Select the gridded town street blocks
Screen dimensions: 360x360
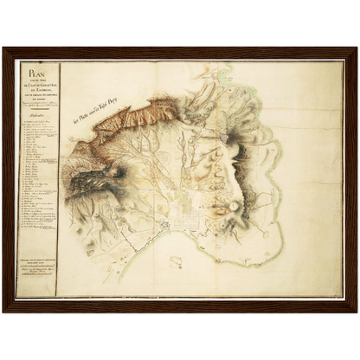coord(184,214)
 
